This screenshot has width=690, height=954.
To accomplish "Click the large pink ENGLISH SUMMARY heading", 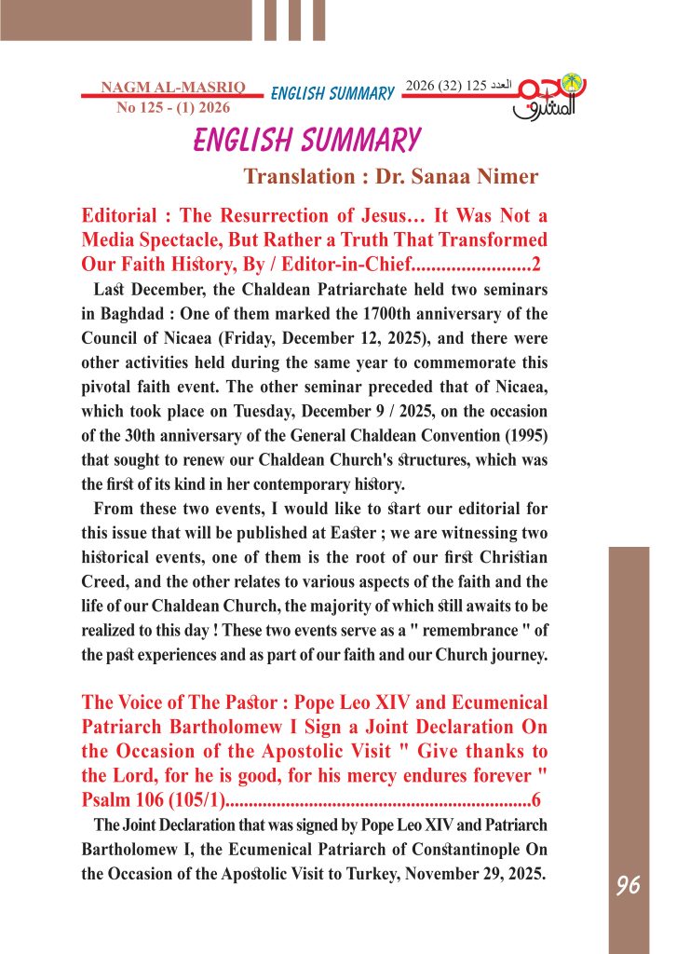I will pos(306,141).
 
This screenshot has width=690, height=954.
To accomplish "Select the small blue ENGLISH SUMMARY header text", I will pos(332,93).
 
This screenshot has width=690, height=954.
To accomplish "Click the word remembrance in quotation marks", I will pos(421,630).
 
